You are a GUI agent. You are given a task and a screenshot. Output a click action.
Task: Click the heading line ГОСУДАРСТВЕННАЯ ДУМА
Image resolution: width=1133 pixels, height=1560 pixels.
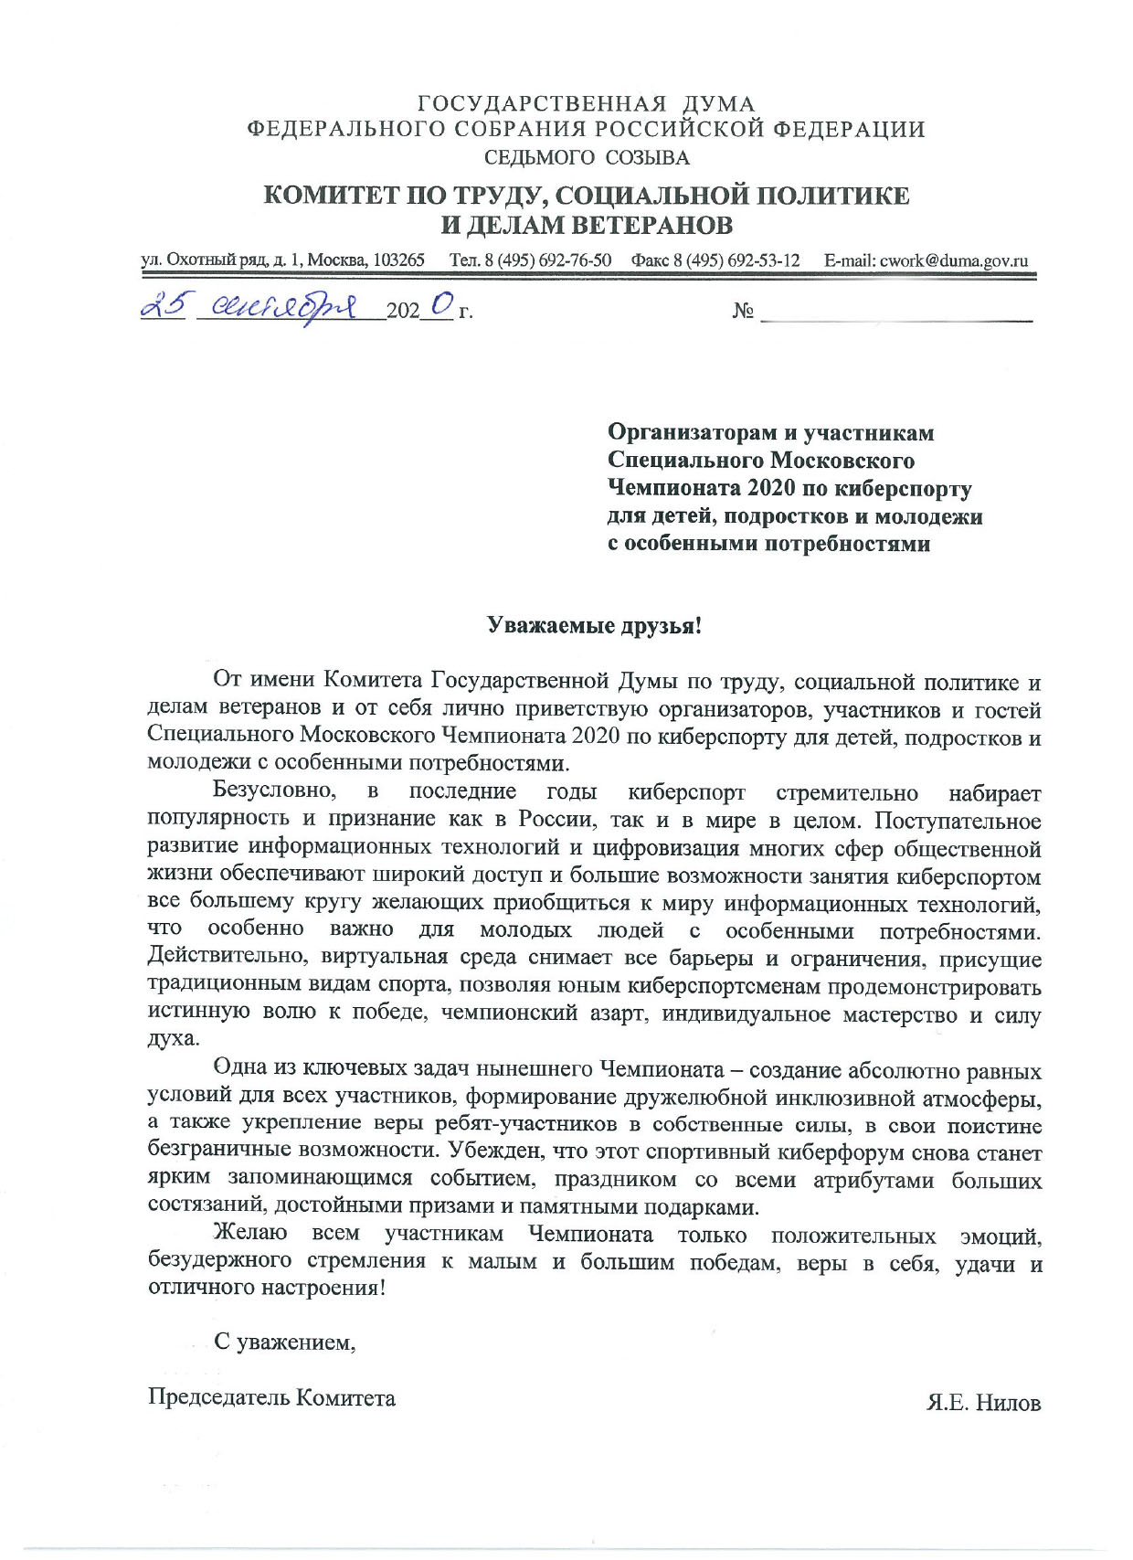pos(586,104)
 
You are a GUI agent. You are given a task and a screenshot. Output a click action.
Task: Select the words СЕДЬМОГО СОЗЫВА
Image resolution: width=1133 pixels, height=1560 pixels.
pos(586,157)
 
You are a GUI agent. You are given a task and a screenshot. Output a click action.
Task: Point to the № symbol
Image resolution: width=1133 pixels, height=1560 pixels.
pos(742,312)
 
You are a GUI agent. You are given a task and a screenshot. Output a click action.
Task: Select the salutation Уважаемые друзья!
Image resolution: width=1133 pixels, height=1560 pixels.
pos(595,626)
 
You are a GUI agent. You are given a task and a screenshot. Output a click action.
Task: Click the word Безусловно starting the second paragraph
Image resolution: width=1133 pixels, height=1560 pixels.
pos(273,791)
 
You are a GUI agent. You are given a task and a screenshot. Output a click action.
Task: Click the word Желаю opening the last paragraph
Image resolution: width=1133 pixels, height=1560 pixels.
pos(249,1235)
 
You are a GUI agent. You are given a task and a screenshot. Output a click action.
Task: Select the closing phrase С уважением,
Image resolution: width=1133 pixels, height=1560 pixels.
pos(284,1342)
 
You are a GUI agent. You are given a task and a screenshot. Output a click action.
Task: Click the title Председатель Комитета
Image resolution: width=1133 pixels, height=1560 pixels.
pos(271,1397)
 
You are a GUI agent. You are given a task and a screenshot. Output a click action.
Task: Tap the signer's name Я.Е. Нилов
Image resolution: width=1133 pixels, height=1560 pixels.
pos(983,1402)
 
